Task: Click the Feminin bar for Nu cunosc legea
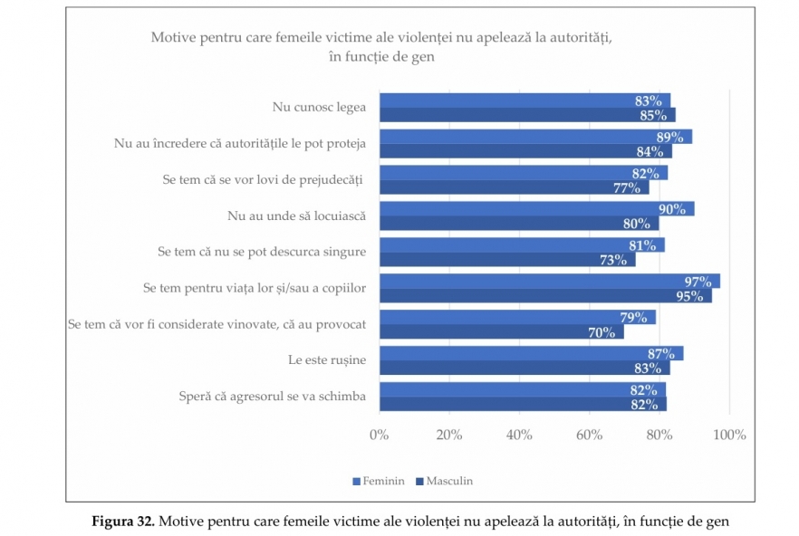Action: [524, 100]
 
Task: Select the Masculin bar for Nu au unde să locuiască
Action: [518, 224]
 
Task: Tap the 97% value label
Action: [697, 282]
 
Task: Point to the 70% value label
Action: [602, 332]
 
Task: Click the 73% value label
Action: [612, 260]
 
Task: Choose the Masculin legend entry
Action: [444, 481]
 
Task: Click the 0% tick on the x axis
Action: [379, 435]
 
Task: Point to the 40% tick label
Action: [519, 435]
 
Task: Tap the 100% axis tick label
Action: [729, 435]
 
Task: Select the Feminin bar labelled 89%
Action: [534, 137]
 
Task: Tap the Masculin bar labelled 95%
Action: [544, 296]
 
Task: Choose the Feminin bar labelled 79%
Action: [516, 317]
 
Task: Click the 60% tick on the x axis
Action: [589, 435]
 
